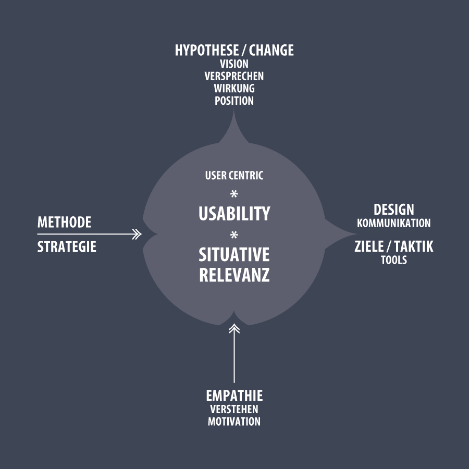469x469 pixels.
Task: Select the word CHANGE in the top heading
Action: [x=271, y=51]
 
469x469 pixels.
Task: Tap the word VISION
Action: [x=234, y=64]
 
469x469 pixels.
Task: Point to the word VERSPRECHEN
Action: [x=234, y=76]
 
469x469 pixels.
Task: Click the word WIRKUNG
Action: [x=234, y=89]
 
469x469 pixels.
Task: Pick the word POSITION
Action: [x=234, y=101]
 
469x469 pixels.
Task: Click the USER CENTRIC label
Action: [x=234, y=176]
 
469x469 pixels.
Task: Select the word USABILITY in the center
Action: [x=234, y=214]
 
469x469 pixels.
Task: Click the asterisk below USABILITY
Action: [x=234, y=235]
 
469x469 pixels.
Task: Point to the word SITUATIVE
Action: [x=234, y=255]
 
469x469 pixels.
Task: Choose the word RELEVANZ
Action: [x=234, y=275]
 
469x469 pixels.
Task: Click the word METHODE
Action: [x=64, y=223]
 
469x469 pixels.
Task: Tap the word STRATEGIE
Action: [x=67, y=246]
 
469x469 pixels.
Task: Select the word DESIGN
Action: [x=393, y=209]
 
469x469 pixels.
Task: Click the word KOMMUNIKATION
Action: [x=393, y=223]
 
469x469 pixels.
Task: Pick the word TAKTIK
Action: [x=413, y=246]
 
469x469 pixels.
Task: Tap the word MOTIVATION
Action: [x=234, y=422]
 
